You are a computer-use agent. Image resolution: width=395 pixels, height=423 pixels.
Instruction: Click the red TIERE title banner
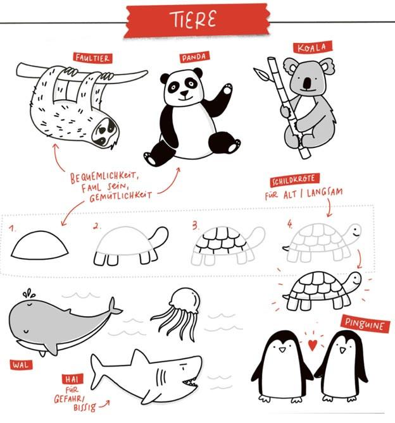click(x=197, y=20)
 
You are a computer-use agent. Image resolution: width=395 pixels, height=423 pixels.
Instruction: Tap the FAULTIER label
click(x=92, y=58)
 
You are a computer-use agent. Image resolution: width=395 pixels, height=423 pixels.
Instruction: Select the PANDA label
click(x=194, y=57)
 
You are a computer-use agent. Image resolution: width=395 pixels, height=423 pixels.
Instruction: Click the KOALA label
click(x=312, y=48)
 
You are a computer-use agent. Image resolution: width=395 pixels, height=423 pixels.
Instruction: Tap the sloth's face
click(x=104, y=132)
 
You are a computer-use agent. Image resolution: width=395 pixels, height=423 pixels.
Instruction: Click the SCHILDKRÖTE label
click(x=294, y=180)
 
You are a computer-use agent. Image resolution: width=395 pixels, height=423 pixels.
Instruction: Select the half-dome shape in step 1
click(x=39, y=245)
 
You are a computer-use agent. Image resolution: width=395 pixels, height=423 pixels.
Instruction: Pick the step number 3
click(x=195, y=225)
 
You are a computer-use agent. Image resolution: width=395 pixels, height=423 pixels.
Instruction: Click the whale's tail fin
click(x=114, y=307)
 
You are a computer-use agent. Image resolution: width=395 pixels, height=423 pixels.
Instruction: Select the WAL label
click(x=21, y=365)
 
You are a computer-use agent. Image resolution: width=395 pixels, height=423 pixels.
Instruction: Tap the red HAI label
click(x=72, y=379)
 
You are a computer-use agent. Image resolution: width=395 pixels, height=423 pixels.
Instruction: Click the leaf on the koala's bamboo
click(x=261, y=74)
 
